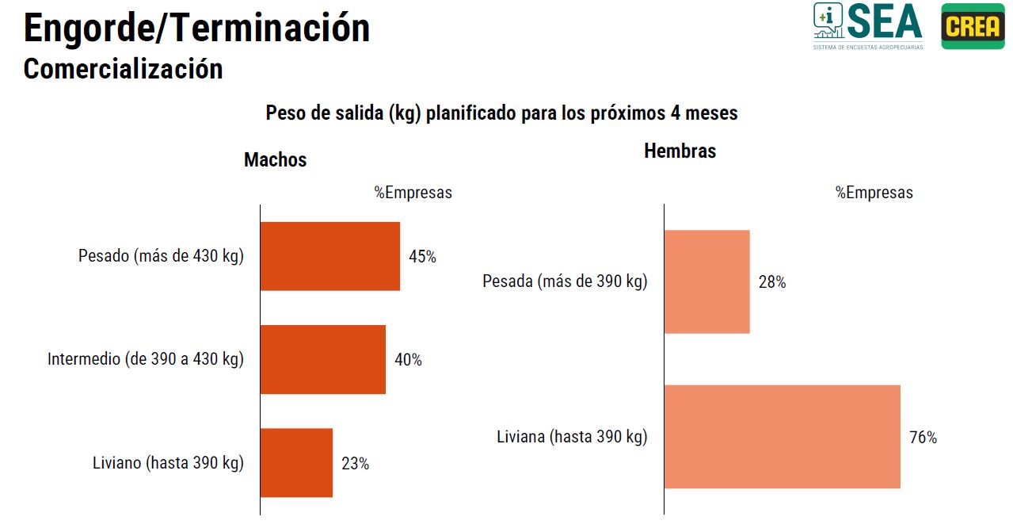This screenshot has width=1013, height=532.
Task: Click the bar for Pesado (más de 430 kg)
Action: coord(329,256)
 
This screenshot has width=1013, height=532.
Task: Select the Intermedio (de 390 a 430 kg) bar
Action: coord(322,359)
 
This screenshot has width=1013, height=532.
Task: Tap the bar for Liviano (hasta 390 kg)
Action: coord(296,463)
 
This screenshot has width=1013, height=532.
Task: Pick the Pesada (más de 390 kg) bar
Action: coord(706,281)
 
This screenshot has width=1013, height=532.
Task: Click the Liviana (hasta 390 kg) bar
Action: coord(782,437)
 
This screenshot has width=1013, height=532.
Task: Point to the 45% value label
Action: coord(422,257)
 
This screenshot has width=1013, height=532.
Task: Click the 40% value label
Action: coord(408,360)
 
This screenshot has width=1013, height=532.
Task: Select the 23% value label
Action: coord(355,464)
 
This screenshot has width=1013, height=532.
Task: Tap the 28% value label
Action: coord(771,282)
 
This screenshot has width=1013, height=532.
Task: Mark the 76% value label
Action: coord(923,438)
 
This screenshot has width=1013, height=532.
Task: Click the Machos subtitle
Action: coord(275,160)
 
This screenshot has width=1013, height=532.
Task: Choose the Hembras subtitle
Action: coord(680,151)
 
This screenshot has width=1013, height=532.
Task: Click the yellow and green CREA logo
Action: coord(973,26)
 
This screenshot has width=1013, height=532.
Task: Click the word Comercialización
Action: coord(123,69)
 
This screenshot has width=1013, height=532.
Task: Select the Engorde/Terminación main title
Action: coord(196,29)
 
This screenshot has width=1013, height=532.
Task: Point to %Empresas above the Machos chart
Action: coord(413,193)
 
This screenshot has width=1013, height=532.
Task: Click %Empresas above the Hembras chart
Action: coord(874,193)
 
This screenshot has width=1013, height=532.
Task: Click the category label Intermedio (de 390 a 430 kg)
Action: coord(146,359)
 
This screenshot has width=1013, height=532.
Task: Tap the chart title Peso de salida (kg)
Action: coord(501,113)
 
